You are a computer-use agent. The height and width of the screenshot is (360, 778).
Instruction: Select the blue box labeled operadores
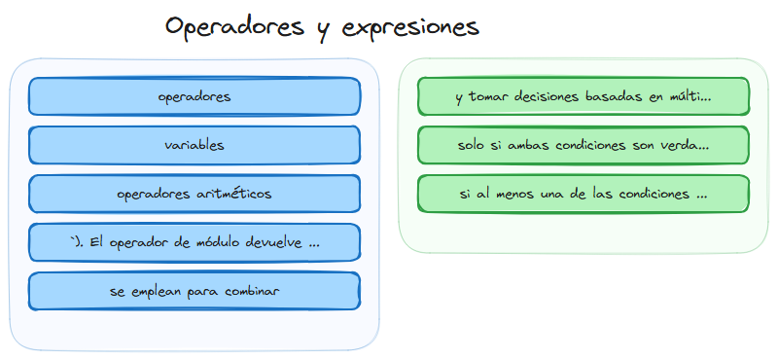tap(194, 96)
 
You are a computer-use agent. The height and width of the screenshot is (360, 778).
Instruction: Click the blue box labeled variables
tap(194, 145)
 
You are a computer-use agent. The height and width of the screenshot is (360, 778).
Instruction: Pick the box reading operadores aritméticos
tap(194, 194)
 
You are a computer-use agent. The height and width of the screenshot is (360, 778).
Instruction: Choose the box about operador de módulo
tap(194, 242)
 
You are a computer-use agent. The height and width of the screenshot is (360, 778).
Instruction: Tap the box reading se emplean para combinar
tap(194, 291)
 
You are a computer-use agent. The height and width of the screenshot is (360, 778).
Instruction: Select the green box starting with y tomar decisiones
tap(583, 96)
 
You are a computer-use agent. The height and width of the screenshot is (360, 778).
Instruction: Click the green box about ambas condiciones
tap(583, 145)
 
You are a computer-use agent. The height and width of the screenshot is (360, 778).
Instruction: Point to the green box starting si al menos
tap(583, 194)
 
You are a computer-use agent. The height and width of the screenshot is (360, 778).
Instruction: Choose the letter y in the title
tap(322, 29)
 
